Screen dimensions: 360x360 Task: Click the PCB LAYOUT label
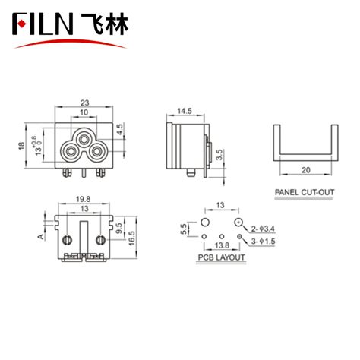pyautogui.click(x=221, y=258)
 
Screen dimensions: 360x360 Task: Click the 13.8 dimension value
pyautogui.click(x=222, y=247)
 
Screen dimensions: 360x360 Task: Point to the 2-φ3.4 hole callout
pyautogui.click(x=262, y=226)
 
